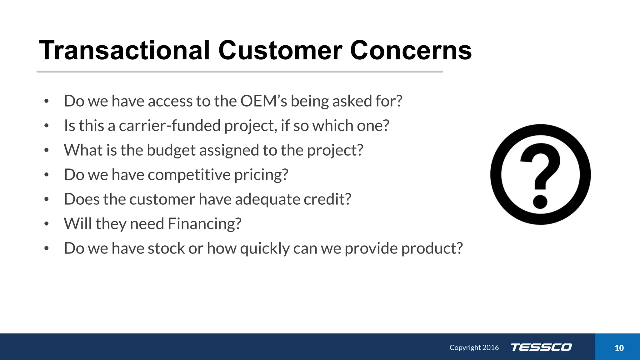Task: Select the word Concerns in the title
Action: (x=411, y=51)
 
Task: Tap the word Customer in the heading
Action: (x=280, y=51)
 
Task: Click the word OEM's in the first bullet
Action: (x=263, y=101)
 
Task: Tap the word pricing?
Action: (x=261, y=175)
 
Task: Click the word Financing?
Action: (x=204, y=224)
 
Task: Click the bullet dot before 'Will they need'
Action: (x=47, y=224)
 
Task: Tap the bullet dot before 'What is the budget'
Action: (x=47, y=150)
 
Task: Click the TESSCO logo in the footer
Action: (x=541, y=347)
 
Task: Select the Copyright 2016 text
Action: (x=474, y=347)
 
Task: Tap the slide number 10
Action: (x=619, y=348)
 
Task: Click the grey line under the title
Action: (x=240, y=72)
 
